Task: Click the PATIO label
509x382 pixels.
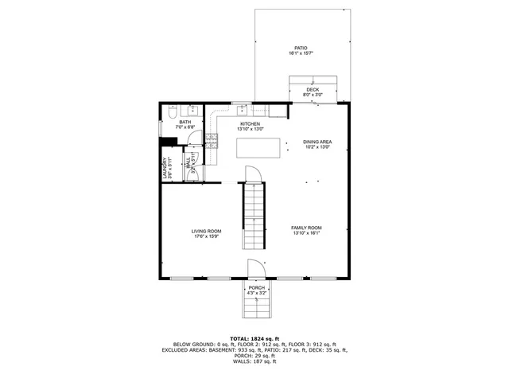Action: [x=301, y=48]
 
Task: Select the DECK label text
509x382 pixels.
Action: [x=313, y=89]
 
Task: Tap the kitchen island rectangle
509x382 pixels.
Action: [x=262, y=148]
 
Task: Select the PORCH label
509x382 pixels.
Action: [x=256, y=287]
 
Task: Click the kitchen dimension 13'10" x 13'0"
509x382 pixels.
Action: [x=251, y=130]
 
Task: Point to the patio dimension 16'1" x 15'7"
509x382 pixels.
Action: [x=301, y=53]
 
